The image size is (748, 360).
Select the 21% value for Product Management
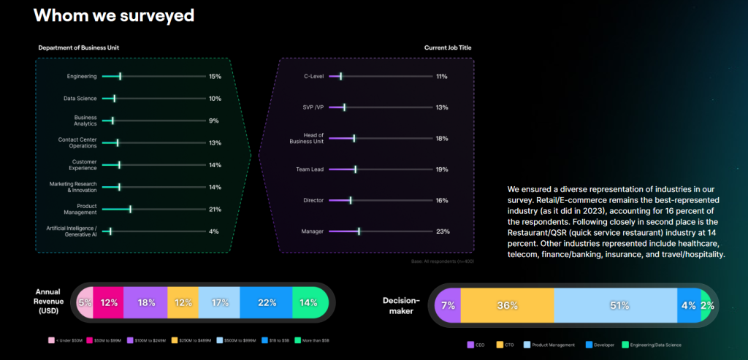tap(215, 210)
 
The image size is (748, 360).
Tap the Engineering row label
tap(81, 76)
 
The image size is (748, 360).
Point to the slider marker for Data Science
tap(114, 98)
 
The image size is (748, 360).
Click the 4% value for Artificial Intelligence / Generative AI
tap(214, 231)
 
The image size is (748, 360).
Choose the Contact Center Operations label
tap(77, 142)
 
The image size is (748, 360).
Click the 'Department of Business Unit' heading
tap(78, 48)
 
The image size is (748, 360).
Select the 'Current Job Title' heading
tap(449, 48)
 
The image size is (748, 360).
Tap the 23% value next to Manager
tap(442, 231)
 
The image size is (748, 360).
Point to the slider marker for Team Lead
tap(356, 169)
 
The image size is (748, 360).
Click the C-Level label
tap(314, 76)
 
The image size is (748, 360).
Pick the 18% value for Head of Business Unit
tap(441, 138)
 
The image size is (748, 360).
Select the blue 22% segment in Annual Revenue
tap(266, 302)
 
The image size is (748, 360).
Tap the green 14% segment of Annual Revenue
tap(309, 302)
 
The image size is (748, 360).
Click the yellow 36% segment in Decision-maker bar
tap(507, 305)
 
